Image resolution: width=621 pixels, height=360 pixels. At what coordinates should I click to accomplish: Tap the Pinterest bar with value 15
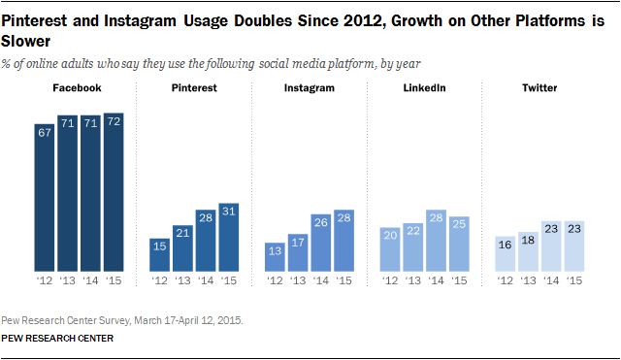click(x=159, y=253)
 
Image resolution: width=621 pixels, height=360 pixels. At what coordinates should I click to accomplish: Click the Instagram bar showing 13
click(x=275, y=256)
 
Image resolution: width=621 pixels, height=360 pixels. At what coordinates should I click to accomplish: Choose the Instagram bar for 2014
click(x=321, y=242)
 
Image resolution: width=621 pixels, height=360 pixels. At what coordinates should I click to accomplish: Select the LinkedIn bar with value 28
click(x=437, y=240)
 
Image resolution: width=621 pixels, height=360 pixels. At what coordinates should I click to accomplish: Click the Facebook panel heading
click(x=79, y=89)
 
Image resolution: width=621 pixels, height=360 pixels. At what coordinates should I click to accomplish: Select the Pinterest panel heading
click(x=194, y=89)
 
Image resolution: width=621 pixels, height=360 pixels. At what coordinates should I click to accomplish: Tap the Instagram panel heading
click(x=310, y=89)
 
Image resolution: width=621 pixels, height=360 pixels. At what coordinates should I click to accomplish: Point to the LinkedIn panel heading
click(x=425, y=89)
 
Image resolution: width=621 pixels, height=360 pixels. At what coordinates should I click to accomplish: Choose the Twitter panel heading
click(x=540, y=89)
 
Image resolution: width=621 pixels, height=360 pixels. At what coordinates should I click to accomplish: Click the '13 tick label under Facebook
click(x=67, y=280)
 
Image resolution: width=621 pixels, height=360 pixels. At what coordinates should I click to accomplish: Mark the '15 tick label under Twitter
click(x=575, y=280)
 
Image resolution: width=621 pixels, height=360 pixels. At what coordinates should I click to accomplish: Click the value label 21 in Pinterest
click(x=182, y=231)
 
